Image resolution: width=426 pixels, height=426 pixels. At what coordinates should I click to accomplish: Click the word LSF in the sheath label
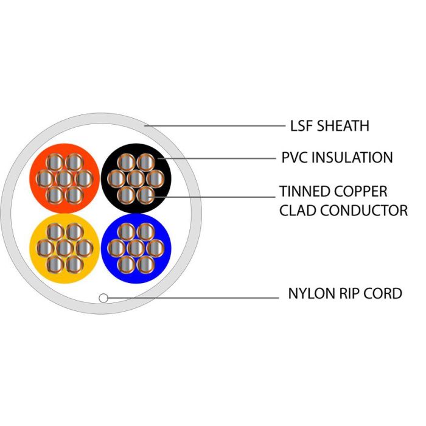[x=301, y=126]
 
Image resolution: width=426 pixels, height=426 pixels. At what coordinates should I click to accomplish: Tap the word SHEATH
[x=343, y=126]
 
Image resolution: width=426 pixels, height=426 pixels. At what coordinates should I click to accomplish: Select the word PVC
[x=294, y=158]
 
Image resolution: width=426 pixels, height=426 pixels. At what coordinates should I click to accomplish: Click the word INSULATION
[x=352, y=158]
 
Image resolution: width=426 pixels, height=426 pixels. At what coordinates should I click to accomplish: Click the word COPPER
[x=358, y=191]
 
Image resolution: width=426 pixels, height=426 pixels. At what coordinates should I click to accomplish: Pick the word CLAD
[x=298, y=211]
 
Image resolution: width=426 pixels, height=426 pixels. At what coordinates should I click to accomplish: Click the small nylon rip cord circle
[x=103, y=298]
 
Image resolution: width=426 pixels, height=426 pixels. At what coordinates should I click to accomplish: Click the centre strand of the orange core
[x=65, y=178]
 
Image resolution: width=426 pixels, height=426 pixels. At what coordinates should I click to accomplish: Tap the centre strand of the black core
[x=136, y=178]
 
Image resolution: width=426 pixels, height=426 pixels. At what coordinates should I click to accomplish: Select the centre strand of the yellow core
[x=65, y=248]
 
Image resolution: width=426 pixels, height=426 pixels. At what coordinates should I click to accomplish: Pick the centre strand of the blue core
[x=136, y=248]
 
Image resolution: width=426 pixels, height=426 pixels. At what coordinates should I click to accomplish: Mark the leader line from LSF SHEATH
[x=215, y=126]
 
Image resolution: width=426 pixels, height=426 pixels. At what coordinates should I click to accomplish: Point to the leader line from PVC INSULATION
[x=217, y=158]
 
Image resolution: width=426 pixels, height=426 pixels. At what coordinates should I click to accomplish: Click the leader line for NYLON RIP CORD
[x=193, y=298]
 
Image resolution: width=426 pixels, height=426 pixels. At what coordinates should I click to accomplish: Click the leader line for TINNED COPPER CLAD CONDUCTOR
[x=212, y=197]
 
